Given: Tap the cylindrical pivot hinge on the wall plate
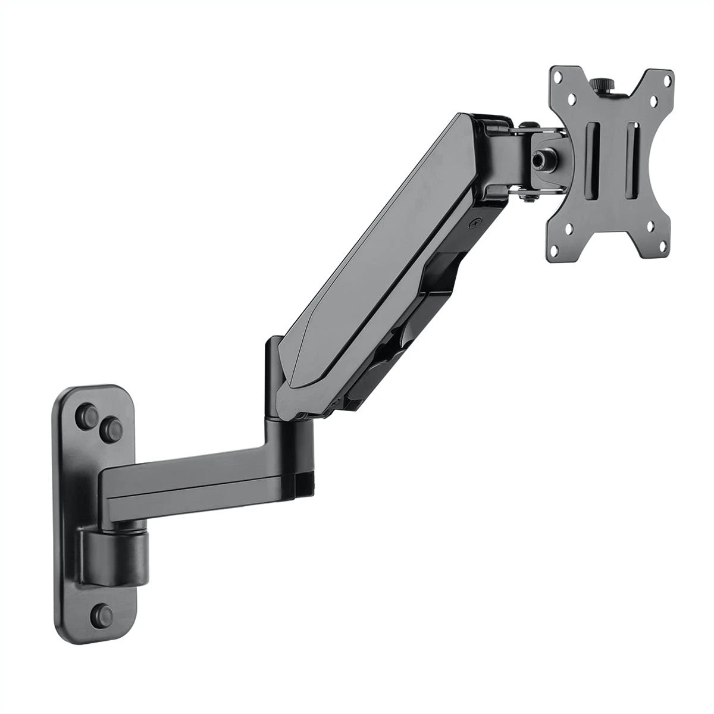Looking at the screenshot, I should (112, 540).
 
